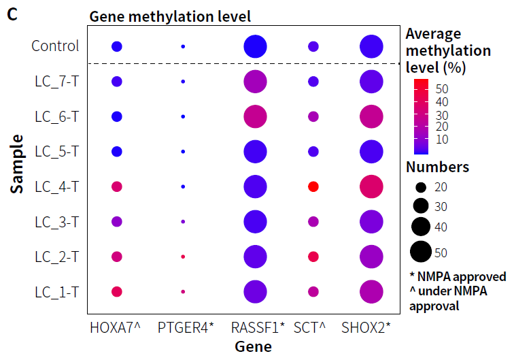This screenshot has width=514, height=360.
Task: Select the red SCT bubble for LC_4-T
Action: [x=313, y=186]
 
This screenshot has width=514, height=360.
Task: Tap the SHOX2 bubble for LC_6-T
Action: [x=371, y=116]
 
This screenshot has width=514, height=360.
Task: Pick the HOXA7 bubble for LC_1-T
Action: [x=116, y=291]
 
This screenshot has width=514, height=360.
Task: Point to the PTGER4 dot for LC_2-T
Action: [x=183, y=257]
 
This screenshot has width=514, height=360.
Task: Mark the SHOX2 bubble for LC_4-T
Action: [x=371, y=186]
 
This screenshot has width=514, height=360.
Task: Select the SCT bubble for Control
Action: [x=313, y=46]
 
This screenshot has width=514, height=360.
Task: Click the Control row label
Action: [x=55, y=46]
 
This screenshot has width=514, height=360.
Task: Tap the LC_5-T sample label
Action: [x=57, y=151]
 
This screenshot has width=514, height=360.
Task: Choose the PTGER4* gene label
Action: [x=186, y=327]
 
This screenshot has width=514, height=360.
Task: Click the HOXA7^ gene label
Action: [x=115, y=327]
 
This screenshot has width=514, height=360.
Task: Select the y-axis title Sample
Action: [x=18, y=164]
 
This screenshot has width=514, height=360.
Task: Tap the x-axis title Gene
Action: [x=254, y=346]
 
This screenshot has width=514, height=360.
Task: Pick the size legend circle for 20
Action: [x=420, y=187]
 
